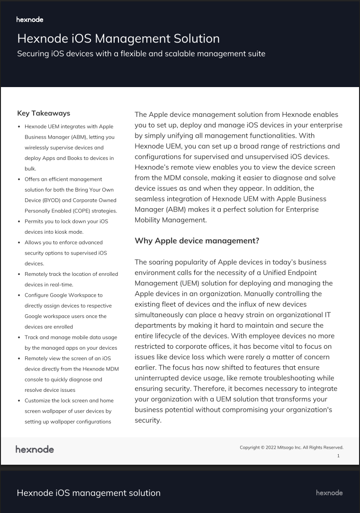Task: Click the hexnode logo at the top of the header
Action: pos(30,20)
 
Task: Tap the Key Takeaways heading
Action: pos(44,113)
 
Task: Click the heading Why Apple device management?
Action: pos(197,241)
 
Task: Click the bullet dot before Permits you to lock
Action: pos(18,221)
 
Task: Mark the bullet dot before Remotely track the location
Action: pos(18,274)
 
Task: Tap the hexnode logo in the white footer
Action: pos(35,449)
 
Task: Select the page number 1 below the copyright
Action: pos(338,456)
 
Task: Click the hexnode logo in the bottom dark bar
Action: pos(329,493)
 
